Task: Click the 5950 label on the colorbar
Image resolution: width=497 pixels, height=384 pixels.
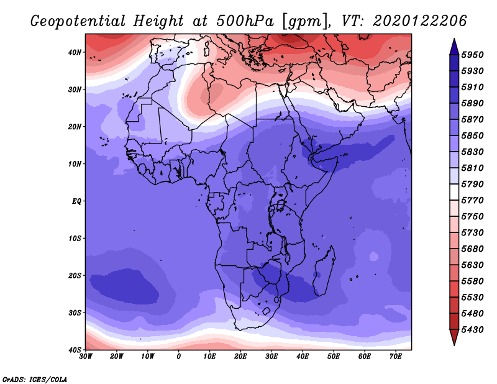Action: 472,55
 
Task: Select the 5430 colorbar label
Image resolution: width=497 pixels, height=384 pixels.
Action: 472,330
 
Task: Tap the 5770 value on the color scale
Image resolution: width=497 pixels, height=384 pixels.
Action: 472,201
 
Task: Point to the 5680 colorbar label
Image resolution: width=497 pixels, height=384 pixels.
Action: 472,249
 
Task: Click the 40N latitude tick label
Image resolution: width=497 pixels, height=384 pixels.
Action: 75,52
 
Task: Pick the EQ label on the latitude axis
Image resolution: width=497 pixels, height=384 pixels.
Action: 76,201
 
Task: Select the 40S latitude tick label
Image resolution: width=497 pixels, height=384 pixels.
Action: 75,350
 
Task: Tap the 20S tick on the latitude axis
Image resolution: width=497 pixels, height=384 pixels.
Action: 75,275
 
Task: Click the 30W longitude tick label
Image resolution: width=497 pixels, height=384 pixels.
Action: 86,357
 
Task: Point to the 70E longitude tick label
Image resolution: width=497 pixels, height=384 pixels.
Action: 395,357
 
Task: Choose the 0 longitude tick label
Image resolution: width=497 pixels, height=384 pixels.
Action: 179,357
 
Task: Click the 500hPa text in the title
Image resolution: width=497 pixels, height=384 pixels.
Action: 245,21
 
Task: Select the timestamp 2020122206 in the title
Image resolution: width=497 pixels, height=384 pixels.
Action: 420,21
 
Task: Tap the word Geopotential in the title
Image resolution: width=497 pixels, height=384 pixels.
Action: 78,22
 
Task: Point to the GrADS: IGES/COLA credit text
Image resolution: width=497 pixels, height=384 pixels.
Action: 35,380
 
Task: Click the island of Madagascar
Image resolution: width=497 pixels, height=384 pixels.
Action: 324,271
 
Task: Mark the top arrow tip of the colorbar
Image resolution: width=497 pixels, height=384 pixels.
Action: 454,39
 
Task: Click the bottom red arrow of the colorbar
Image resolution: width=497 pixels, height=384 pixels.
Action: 454,337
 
